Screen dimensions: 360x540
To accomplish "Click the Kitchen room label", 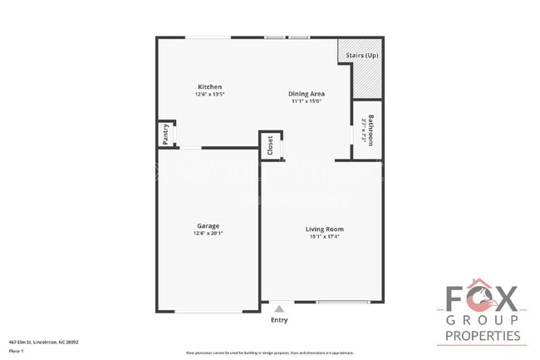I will coord(209,86).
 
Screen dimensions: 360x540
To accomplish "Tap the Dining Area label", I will coord(306,93).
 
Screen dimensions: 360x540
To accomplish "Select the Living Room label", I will coord(324,229).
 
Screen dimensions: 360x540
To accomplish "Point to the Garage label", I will coord(208,225).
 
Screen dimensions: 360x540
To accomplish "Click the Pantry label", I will coord(165,134).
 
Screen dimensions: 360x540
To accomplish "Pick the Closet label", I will coord(270,145).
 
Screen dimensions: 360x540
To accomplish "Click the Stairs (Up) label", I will coord(363,54).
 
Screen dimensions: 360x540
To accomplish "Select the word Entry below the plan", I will coord(279,320).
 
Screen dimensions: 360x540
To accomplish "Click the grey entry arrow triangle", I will coord(279,308).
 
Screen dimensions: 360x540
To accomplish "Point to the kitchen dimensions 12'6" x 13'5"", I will coord(209,94).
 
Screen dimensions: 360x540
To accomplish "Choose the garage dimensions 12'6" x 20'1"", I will coord(208,233).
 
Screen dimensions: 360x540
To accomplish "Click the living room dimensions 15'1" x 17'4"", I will coord(324,236).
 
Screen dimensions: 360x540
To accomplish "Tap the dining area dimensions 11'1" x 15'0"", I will coord(306,101).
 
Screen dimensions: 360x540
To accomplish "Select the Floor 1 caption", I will coord(17,351).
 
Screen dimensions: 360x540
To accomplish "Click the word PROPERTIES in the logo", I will coord(484,335).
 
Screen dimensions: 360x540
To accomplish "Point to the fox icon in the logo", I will coord(484,297).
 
